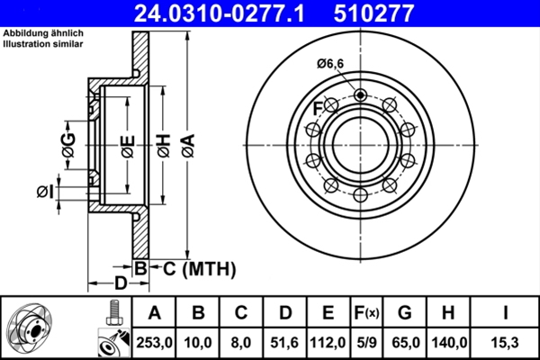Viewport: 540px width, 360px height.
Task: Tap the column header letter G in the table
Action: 405,313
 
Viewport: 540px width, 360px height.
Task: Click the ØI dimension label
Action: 44,190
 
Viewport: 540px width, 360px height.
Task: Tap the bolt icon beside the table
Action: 112,312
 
